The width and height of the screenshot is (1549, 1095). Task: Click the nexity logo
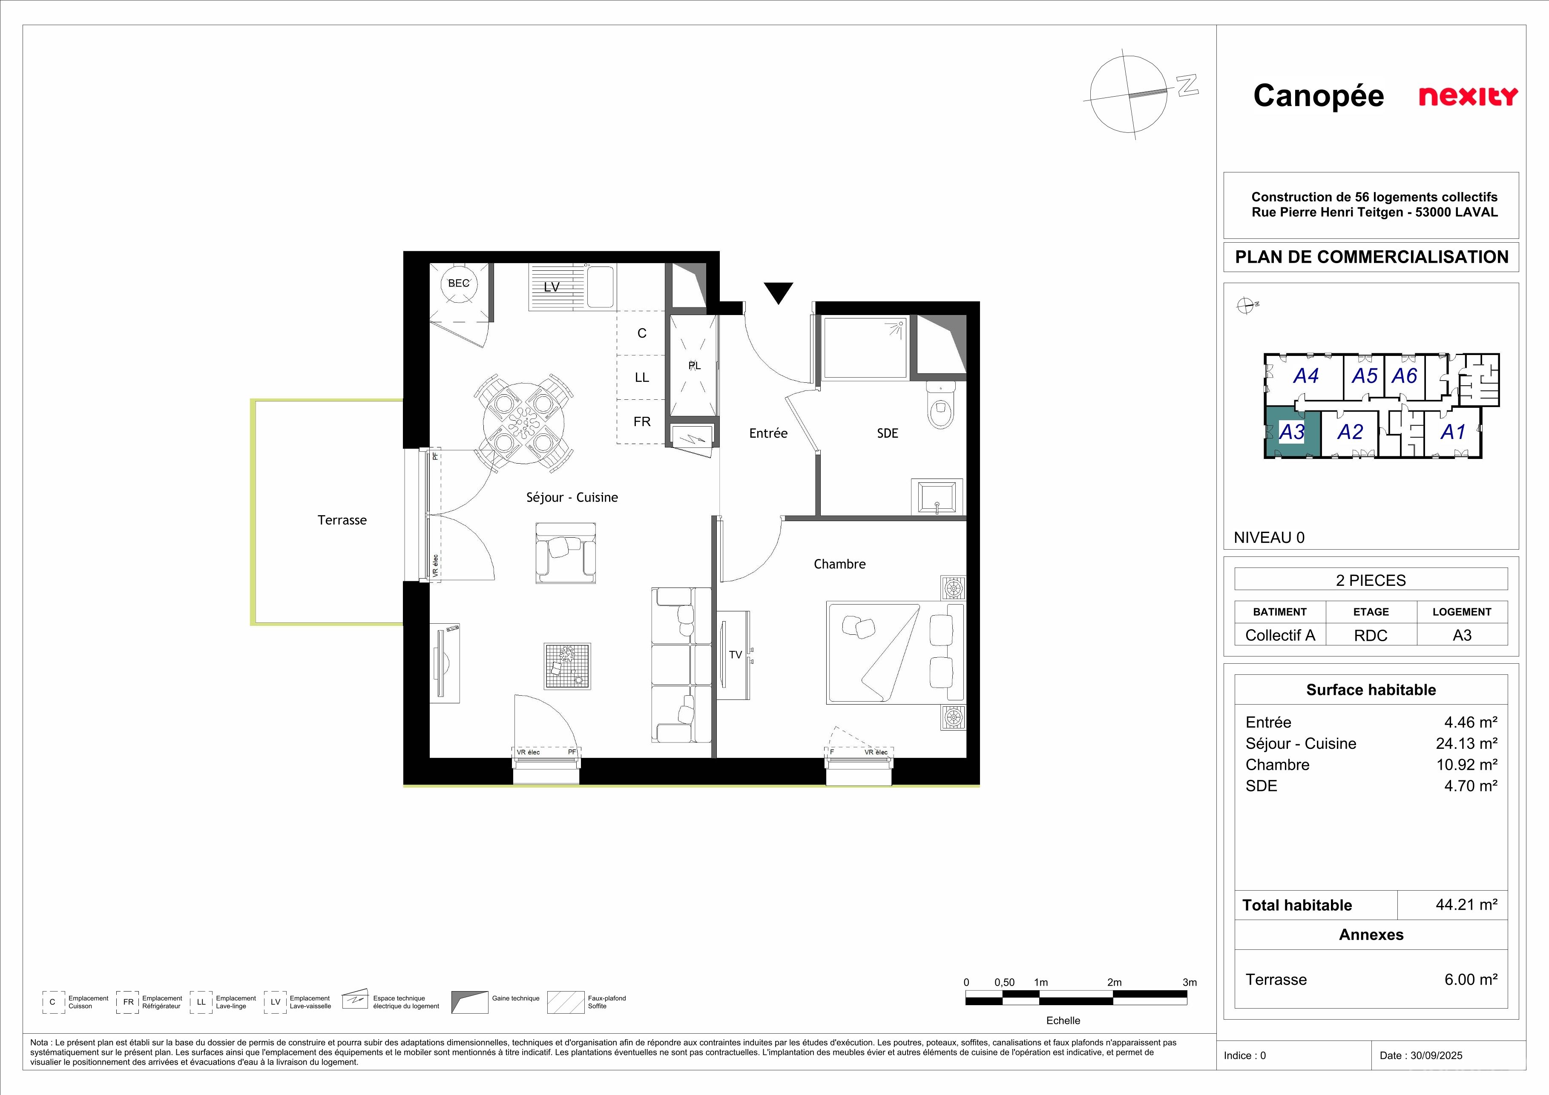pyautogui.click(x=1468, y=96)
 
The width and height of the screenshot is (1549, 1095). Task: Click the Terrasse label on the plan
pyautogui.click(x=342, y=520)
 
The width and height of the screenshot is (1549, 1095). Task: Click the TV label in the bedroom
pyautogui.click(x=736, y=655)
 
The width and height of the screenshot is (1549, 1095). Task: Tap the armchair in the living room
pyautogui.click(x=566, y=553)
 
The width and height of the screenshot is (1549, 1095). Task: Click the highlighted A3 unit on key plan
pyautogui.click(x=1291, y=432)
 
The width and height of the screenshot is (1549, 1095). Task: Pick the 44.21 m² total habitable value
pyautogui.click(x=1467, y=905)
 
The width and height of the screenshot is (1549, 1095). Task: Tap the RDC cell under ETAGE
pyautogui.click(x=1371, y=635)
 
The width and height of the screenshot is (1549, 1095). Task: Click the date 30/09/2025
pyautogui.click(x=1436, y=1055)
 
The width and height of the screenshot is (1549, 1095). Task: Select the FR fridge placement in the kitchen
pyautogui.click(x=641, y=422)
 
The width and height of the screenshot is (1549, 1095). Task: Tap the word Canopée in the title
pyautogui.click(x=1318, y=96)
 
